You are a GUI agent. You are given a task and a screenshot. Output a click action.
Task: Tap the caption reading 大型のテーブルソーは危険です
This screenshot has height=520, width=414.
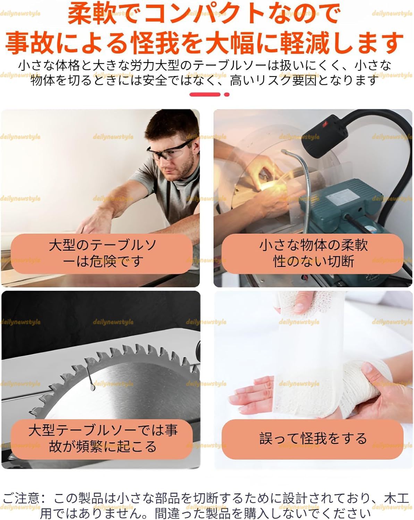(102, 253)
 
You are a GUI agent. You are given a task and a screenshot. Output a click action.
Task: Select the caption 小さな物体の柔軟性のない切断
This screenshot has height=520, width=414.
(313, 253)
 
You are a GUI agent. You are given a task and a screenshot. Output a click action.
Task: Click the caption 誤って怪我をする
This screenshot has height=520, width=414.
(313, 439)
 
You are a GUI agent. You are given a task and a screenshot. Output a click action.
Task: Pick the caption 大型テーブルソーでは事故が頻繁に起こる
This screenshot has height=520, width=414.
(102, 439)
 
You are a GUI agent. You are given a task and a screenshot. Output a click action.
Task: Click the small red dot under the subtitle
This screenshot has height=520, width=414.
(227, 94)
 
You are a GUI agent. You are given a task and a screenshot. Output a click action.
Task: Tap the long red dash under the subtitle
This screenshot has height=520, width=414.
(205, 94)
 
